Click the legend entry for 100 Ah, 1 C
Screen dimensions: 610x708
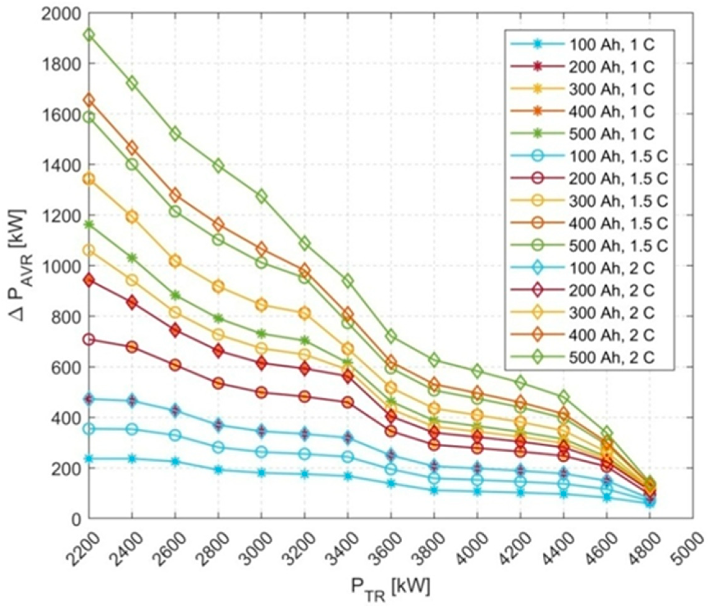(x=581, y=45)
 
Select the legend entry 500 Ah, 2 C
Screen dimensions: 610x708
(x=581, y=358)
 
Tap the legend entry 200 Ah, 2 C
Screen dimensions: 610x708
(x=581, y=291)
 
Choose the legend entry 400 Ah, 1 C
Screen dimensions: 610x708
(x=581, y=112)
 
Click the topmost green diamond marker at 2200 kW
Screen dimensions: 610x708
(x=89, y=35)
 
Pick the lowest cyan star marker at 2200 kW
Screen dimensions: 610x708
(x=89, y=459)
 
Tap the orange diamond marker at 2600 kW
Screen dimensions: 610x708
(x=176, y=195)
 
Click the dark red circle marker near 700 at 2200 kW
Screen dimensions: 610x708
(x=89, y=339)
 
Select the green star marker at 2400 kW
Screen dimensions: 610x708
(x=132, y=258)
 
